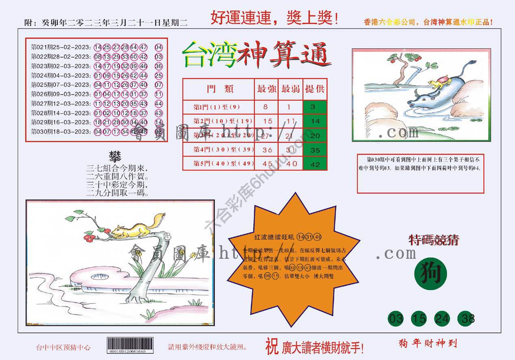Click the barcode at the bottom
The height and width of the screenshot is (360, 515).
(x=130, y=346)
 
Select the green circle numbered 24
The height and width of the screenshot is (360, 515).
(x=442, y=319)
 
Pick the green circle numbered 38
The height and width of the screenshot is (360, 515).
(x=465, y=319)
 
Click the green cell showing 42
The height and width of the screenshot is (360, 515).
(x=315, y=164)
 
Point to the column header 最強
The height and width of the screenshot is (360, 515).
(x=266, y=89)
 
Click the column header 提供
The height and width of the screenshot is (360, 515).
(x=315, y=89)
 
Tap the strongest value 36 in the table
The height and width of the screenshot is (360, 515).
(x=267, y=150)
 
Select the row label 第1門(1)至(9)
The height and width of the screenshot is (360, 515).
(x=217, y=107)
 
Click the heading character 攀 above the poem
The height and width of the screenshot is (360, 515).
(x=115, y=156)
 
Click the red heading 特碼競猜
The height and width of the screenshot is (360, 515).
(x=433, y=241)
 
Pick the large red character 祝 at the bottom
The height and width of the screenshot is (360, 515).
(x=272, y=346)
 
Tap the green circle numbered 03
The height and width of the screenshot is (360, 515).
(x=396, y=319)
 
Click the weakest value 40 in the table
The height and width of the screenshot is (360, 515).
(x=291, y=164)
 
